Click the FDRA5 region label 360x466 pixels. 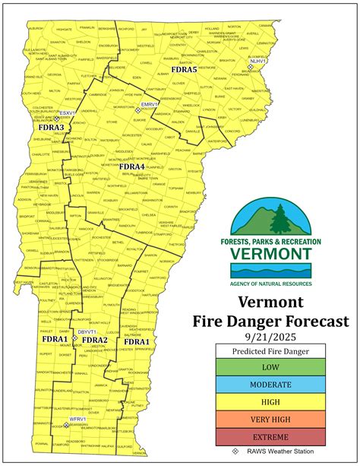(184, 70)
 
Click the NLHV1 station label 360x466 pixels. (258, 60)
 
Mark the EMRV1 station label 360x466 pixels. (149, 103)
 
